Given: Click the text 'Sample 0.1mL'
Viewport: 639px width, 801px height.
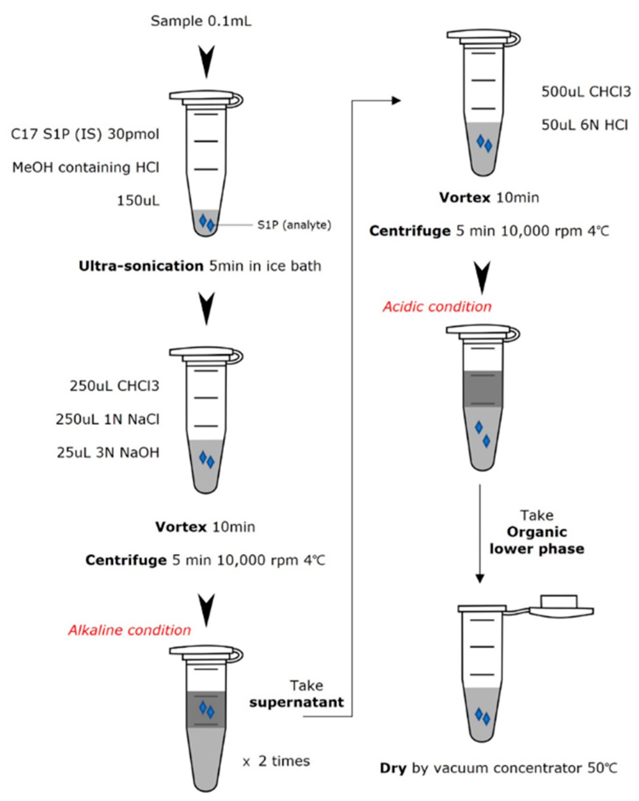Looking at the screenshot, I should pyautogui.click(x=201, y=21).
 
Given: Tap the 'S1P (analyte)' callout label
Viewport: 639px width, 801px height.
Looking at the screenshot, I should pyautogui.click(x=294, y=225).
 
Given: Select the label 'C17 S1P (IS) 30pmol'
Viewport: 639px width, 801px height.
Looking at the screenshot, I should pyautogui.click(x=85, y=134).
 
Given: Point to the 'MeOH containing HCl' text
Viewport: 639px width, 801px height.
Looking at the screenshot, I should pyautogui.click(x=86, y=168).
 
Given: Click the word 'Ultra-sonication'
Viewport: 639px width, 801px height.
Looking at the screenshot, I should pyautogui.click(x=141, y=266).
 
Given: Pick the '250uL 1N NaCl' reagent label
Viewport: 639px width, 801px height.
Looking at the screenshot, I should pyautogui.click(x=108, y=419).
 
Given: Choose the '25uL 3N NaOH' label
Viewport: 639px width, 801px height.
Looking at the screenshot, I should pyautogui.click(x=108, y=453).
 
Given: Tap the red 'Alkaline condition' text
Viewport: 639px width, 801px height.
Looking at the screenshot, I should pyautogui.click(x=130, y=630).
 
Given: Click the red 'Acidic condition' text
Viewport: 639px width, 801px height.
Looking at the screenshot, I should pyautogui.click(x=437, y=307).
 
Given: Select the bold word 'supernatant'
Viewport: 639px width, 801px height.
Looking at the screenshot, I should pyautogui.click(x=297, y=702).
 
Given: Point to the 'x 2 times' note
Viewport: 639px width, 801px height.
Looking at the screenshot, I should pyautogui.click(x=277, y=761).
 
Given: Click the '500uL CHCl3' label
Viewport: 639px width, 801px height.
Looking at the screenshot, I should pyautogui.click(x=586, y=92).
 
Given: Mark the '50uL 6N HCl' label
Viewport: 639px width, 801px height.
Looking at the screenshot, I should pyautogui.click(x=585, y=125).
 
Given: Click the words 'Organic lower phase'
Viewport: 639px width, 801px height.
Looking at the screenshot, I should pyautogui.click(x=537, y=540).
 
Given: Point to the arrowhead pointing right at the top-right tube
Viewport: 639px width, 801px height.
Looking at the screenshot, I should pyautogui.click(x=396, y=101).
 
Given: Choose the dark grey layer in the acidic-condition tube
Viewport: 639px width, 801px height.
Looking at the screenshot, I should pyautogui.click(x=483, y=389).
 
